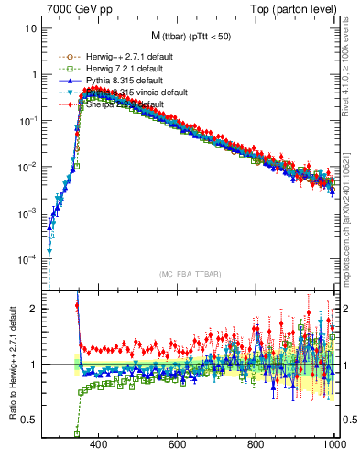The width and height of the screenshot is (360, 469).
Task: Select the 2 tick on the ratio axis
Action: coord(33,309)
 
